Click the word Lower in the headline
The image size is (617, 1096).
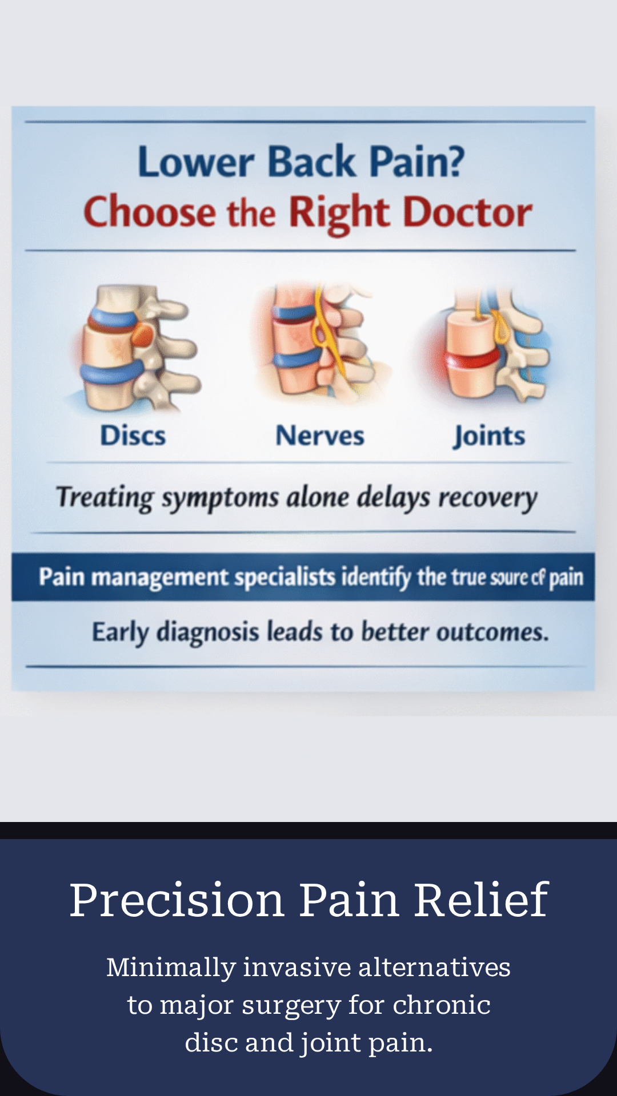click(x=195, y=162)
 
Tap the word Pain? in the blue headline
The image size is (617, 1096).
click(x=416, y=162)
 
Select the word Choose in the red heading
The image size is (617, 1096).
click(x=150, y=212)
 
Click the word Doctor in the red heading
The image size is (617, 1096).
click(x=468, y=212)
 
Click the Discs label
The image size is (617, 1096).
click(x=133, y=436)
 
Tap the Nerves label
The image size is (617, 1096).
click(x=319, y=436)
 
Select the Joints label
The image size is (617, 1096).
click(x=490, y=437)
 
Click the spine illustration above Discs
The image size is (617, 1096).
click(x=137, y=348)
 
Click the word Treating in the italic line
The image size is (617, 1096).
click(x=105, y=498)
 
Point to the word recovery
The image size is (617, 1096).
click(x=487, y=498)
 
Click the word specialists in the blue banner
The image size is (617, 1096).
click(x=285, y=578)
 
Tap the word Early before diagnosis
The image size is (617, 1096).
click(x=120, y=632)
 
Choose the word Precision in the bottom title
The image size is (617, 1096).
click(x=177, y=900)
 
